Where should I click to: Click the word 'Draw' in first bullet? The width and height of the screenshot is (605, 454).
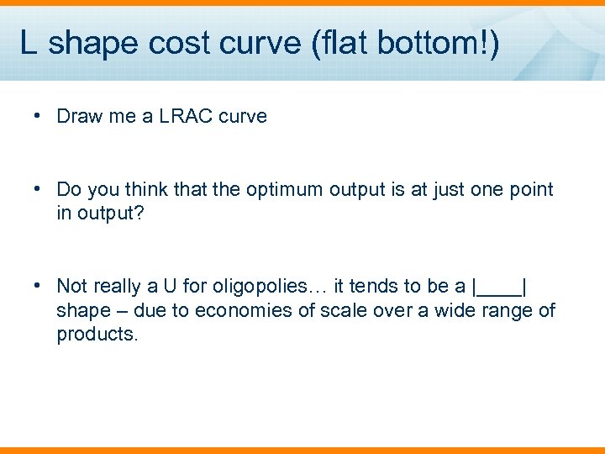[x=78, y=116]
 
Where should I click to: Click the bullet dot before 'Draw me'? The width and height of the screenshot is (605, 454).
[x=39, y=116]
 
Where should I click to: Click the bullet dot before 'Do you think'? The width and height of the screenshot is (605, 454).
[x=39, y=189]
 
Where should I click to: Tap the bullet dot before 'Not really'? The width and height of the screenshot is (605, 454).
[x=39, y=286]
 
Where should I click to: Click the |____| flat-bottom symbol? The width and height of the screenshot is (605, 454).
[x=500, y=287]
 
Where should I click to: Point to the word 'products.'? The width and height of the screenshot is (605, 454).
[x=97, y=335]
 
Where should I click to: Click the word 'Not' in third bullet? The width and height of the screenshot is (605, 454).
[x=72, y=287]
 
